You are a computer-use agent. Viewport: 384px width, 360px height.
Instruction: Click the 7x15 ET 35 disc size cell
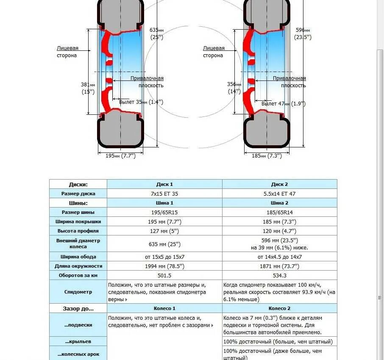tap(164, 194)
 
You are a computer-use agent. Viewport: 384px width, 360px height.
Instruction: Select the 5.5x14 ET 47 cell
tap(279, 194)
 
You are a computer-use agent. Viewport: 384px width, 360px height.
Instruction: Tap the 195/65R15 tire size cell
tap(164, 212)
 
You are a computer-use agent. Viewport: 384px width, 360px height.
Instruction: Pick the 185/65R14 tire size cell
tap(279, 212)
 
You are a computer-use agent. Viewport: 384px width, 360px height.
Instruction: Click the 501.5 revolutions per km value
tap(164, 275)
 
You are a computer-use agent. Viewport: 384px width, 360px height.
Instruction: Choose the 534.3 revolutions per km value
tap(279, 275)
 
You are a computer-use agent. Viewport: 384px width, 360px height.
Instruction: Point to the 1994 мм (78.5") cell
tap(164, 266)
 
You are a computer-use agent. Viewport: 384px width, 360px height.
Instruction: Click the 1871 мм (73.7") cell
tap(279, 266)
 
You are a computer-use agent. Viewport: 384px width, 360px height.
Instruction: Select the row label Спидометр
tap(78, 292)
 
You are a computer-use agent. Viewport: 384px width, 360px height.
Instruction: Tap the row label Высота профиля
tap(78, 231)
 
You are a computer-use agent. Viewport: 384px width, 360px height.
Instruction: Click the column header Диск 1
tap(164, 185)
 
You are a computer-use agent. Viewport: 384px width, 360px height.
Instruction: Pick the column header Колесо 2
tap(279, 308)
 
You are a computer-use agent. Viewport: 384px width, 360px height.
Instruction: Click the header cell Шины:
tap(78, 203)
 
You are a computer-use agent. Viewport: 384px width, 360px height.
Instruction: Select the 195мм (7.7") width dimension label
tap(120, 156)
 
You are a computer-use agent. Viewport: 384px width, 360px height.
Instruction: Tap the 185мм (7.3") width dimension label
tap(267, 156)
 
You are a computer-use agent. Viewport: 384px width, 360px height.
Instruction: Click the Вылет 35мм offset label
tap(141, 102)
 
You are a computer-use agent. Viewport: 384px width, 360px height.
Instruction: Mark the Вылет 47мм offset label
tap(283, 104)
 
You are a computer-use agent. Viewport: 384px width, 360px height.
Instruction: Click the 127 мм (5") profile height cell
tap(164, 231)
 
